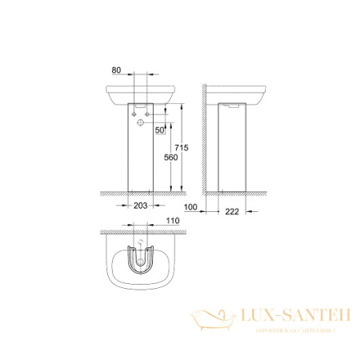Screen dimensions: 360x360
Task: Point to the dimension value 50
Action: (x=160, y=130)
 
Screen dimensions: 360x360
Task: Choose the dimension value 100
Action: (x=190, y=208)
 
